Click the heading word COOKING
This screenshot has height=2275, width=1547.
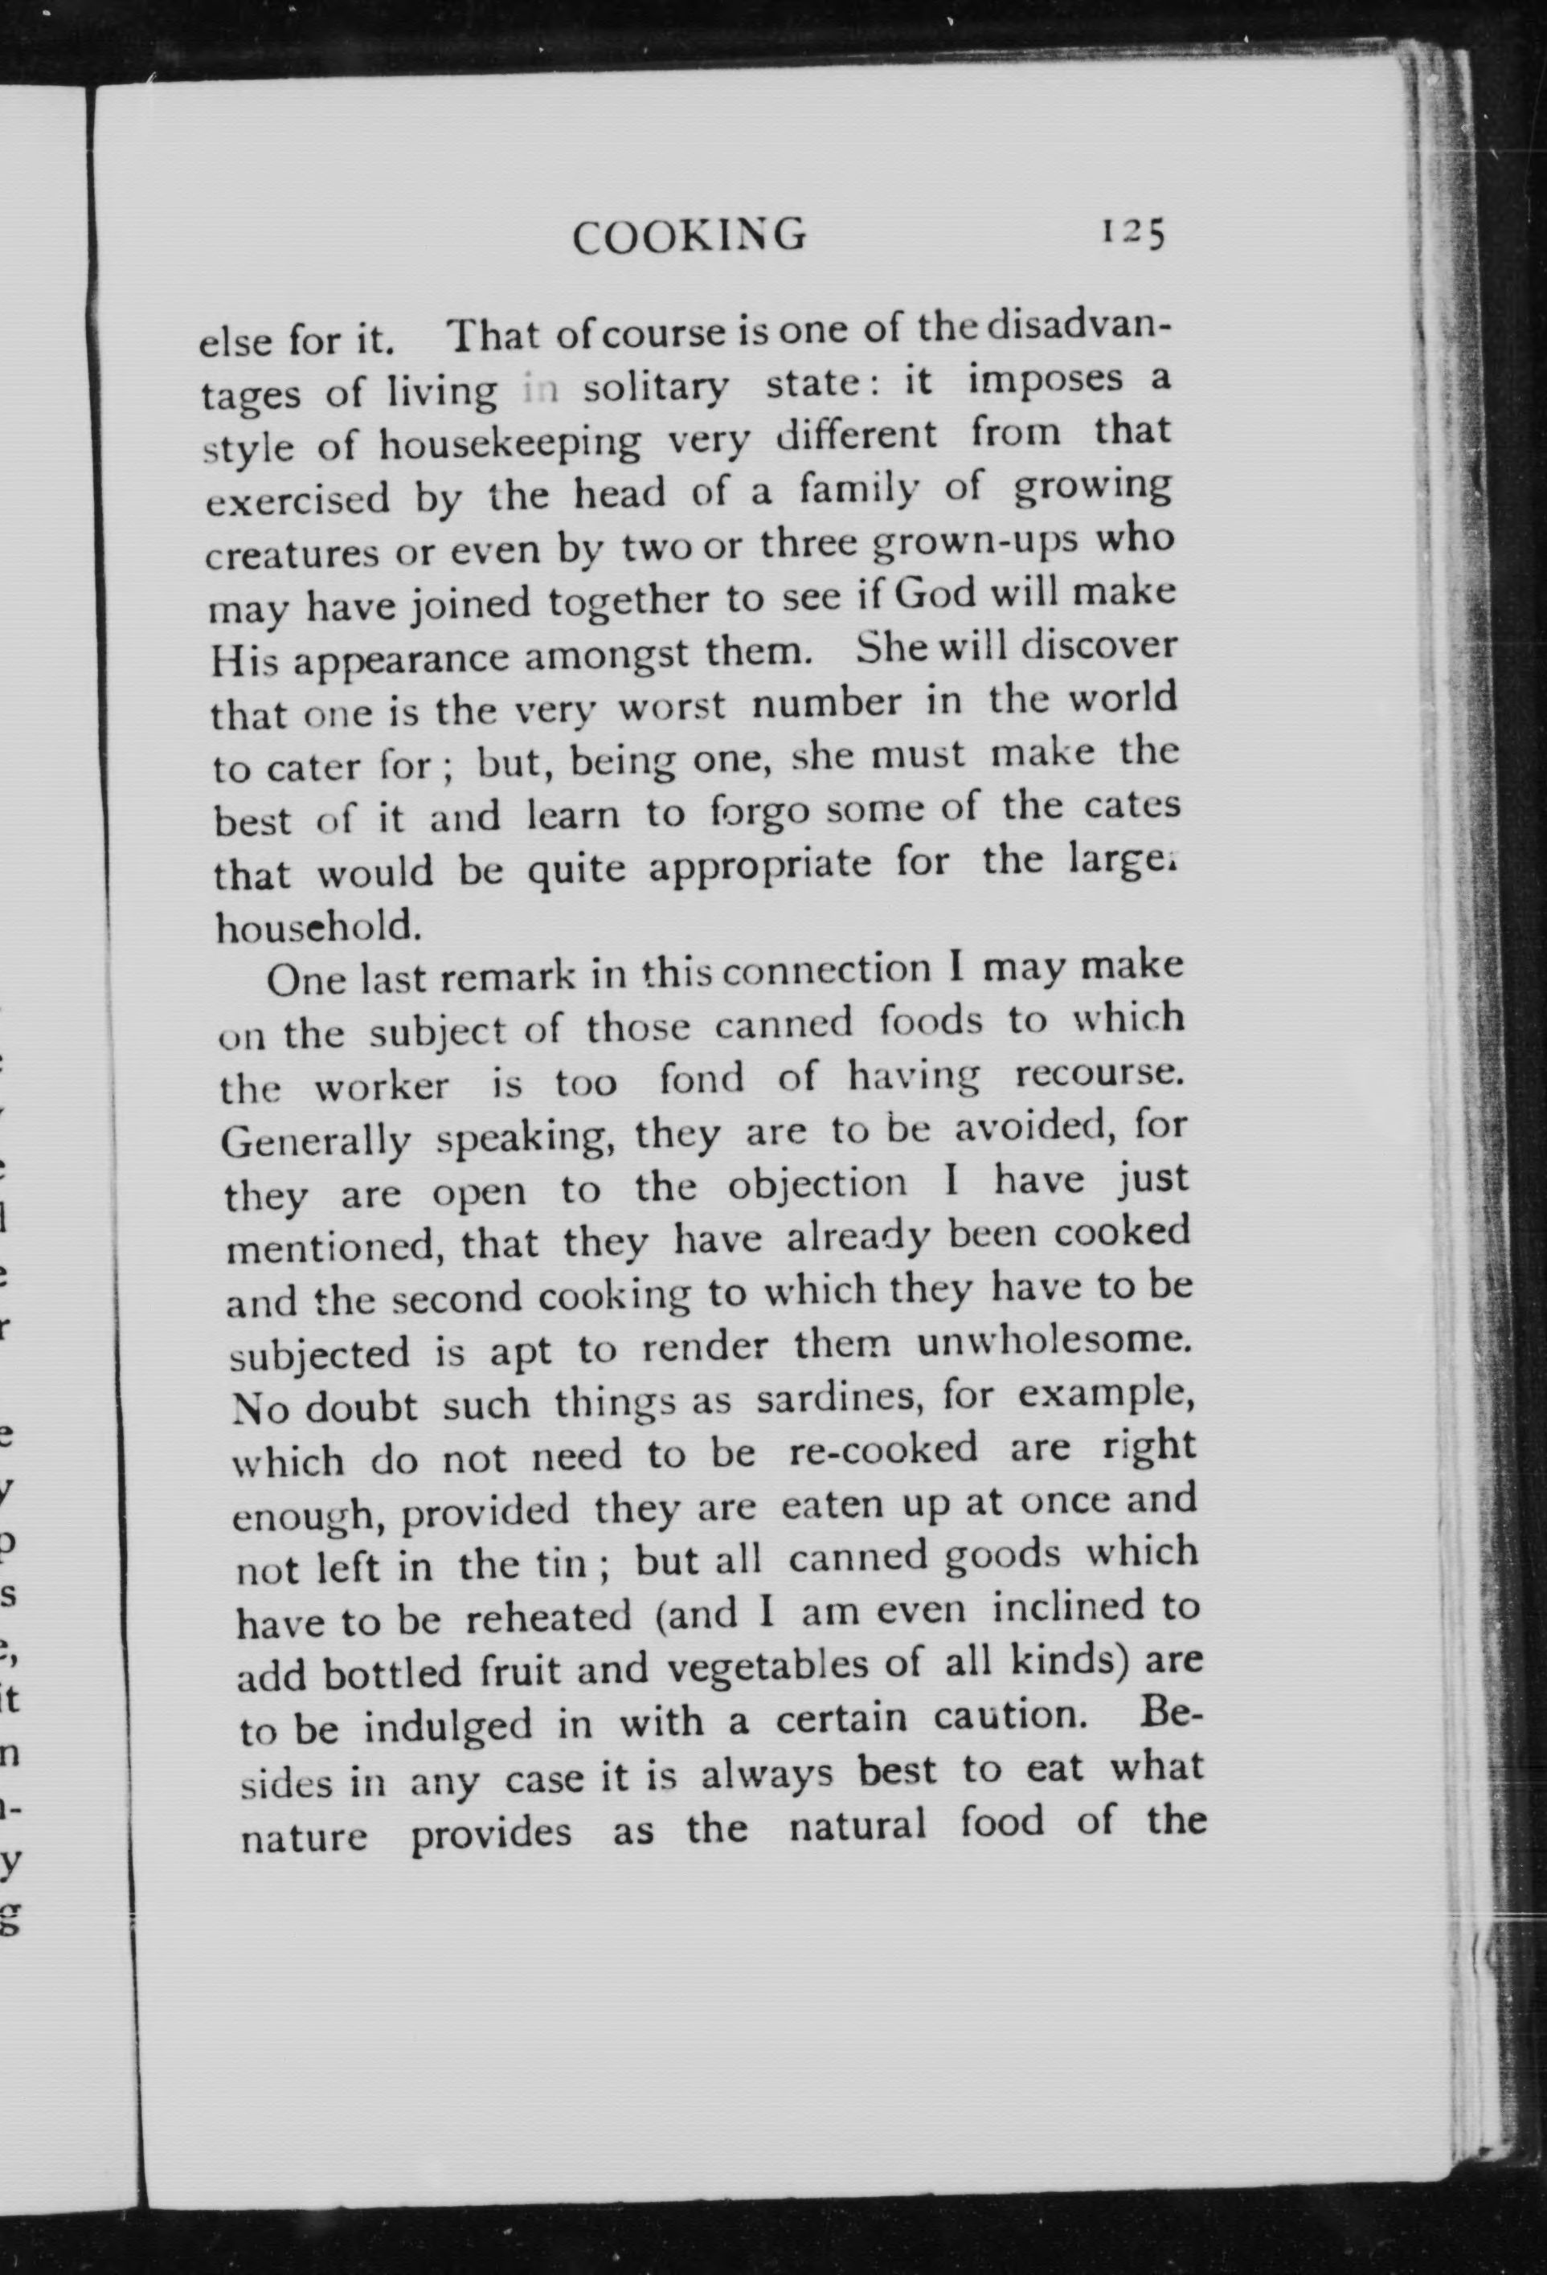click(690, 236)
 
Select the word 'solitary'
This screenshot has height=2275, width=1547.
click(655, 388)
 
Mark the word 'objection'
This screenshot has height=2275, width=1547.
click(817, 1184)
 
